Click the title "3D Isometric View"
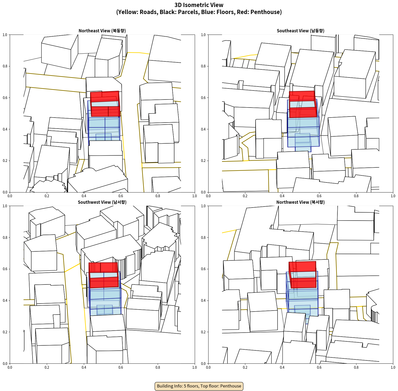199,5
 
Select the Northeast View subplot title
102,31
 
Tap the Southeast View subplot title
300,31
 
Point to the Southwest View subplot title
102,202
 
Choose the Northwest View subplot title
300,202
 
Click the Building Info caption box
199,386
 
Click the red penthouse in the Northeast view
105,104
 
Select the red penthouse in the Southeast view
303,104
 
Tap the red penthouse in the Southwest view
103,275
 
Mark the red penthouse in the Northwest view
302,275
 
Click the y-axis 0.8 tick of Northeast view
5,66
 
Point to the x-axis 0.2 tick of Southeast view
245,196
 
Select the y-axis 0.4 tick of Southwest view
5,301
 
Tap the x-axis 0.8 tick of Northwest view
356,367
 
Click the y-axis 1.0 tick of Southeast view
203,35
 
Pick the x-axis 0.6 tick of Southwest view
121,367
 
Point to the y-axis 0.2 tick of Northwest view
203,332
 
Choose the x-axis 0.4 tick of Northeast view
84,196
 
